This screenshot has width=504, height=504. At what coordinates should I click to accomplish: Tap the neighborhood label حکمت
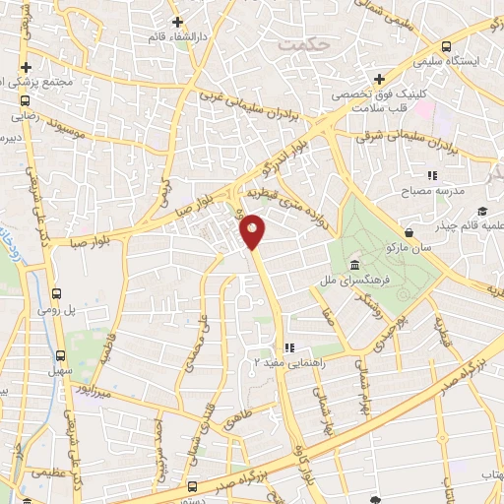point(300,44)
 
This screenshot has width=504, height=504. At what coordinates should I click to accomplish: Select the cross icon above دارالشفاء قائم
point(176,22)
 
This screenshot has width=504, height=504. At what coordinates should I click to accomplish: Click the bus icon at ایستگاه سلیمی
point(447,46)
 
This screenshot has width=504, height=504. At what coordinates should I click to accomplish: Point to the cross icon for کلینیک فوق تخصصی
point(379,79)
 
